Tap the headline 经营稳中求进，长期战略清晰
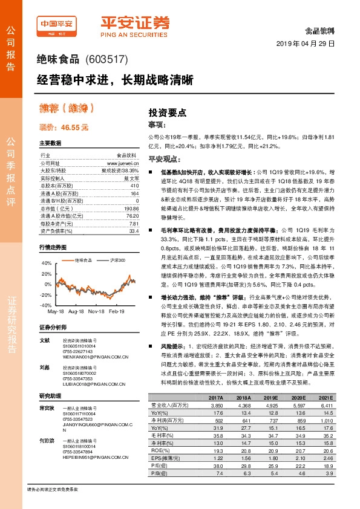[115, 79]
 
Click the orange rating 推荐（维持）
[66, 109]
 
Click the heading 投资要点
[168, 112]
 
